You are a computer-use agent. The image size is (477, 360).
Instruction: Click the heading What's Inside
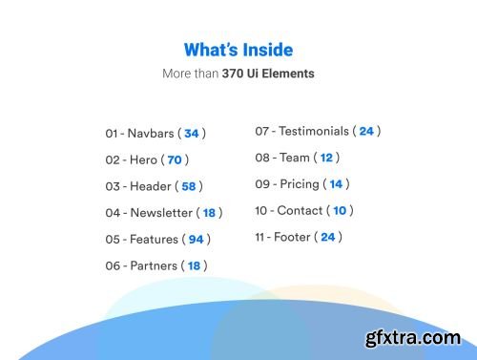click(238, 50)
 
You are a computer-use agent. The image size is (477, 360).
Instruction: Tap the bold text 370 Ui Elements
click(268, 73)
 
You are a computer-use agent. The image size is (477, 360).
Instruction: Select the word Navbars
click(150, 134)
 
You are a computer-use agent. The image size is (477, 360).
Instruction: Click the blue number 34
click(192, 134)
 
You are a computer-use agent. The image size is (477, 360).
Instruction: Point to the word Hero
click(143, 160)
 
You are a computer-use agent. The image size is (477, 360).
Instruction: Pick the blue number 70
click(175, 160)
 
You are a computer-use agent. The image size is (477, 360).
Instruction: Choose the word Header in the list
click(151, 186)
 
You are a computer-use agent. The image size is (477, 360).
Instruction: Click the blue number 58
click(189, 187)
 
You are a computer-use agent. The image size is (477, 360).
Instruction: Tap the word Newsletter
click(161, 213)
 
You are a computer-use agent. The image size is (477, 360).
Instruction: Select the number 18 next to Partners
click(194, 265)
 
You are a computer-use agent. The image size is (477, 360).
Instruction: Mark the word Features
click(154, 239)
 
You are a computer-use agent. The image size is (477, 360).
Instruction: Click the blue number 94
click(196, 240)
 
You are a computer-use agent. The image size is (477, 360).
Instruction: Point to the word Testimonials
click(313, 131)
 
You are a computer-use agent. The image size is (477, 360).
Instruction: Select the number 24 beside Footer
click(328, 237)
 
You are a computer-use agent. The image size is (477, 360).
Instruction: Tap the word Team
click(294, 158)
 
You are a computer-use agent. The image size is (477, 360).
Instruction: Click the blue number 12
click(326, 158)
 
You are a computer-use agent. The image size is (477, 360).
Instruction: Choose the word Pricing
click(300, 183)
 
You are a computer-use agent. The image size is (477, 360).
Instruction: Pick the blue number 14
click(336, 184)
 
